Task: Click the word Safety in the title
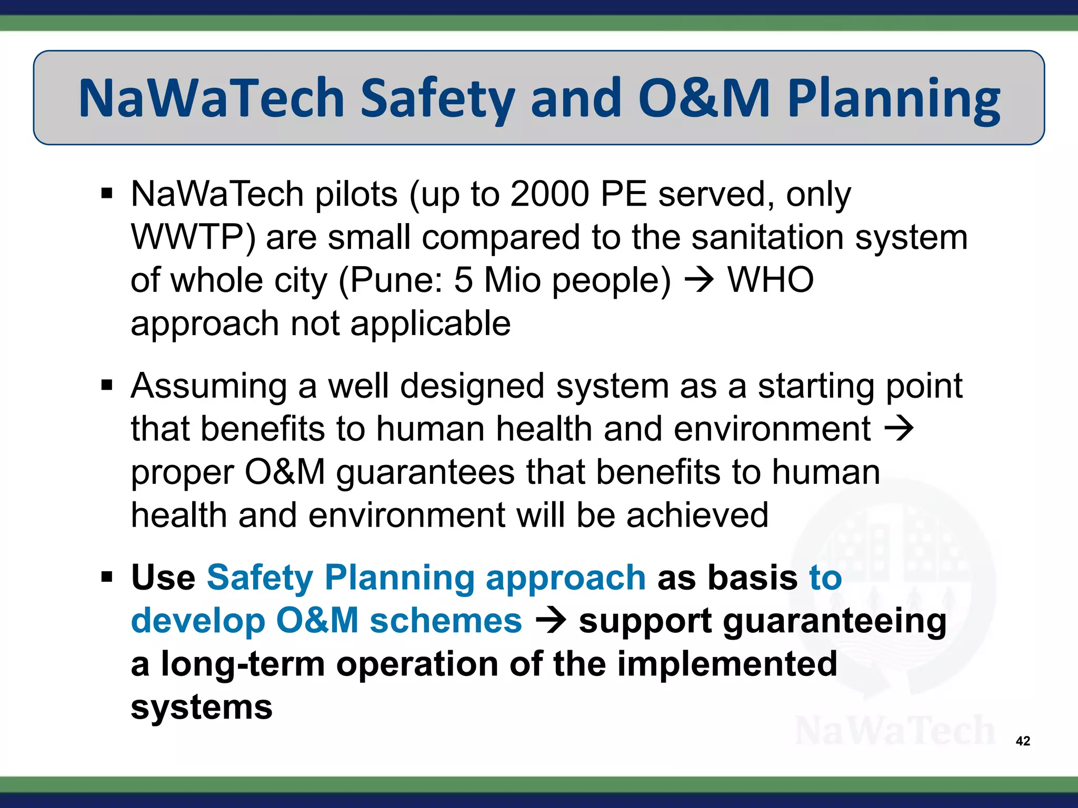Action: click(438, 98)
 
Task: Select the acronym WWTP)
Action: click(193, 237)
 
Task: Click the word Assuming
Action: click(209, 387)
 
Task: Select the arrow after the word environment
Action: click(899, 429)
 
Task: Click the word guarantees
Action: click(425, 472)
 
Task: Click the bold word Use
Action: click(163, 578)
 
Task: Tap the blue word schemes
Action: click(445, 621)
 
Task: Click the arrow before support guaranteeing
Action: click(551, 621)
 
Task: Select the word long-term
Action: click(243, 664)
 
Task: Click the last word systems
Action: click(202, 707)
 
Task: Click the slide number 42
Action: click(1023, 741)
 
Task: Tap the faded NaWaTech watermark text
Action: click(894, 731)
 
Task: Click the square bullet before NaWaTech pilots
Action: click(107, 194)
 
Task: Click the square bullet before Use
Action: click(107, 578)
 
